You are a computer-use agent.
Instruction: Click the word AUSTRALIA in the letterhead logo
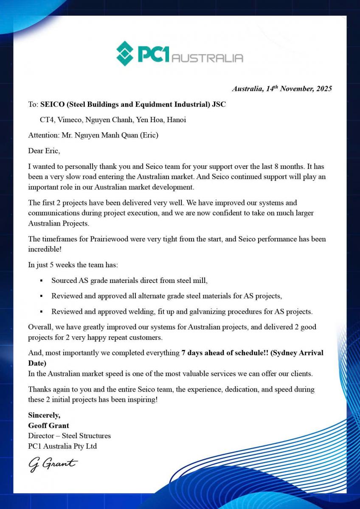[x=207, y=58]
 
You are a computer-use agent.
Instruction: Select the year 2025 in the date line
[x=323, y=89]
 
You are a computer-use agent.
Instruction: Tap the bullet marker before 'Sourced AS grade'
[x=41, y=281]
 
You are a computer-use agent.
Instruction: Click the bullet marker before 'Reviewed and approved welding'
[x=41, y=312]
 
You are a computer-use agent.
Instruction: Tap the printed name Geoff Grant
[x=48, y=425]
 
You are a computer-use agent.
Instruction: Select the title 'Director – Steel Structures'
[x=69, y=436]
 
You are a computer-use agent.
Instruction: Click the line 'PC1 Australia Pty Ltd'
[x=62, y=446]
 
